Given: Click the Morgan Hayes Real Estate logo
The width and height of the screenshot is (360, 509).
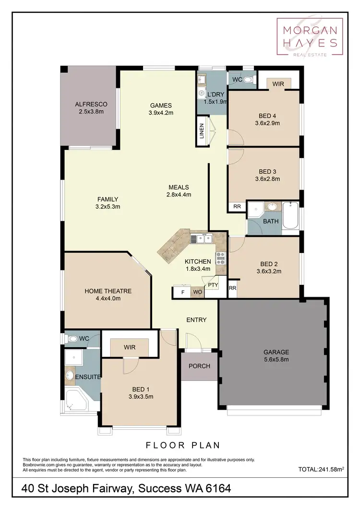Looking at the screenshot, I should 310,37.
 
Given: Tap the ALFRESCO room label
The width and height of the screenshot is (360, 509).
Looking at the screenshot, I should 91,104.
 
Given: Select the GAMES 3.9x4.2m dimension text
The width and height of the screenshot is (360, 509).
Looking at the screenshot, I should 161,113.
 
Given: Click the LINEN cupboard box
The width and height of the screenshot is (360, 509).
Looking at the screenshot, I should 201,132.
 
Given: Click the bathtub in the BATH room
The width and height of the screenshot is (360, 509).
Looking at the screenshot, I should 290,216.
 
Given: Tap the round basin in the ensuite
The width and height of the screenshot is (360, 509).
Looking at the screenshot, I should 70,374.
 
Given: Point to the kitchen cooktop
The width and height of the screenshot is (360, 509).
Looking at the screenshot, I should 221,258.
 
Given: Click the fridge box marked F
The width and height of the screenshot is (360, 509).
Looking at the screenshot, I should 182,292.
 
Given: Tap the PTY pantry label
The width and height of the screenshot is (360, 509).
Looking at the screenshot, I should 212,285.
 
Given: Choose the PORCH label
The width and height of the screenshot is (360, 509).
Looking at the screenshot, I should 199,366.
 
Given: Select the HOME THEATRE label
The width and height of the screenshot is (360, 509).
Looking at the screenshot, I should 108,291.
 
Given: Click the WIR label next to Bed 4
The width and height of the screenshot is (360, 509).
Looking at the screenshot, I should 278,84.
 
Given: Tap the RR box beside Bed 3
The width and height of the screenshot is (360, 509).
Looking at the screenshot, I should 237,206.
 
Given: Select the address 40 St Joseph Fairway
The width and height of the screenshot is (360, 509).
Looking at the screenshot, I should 79,489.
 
